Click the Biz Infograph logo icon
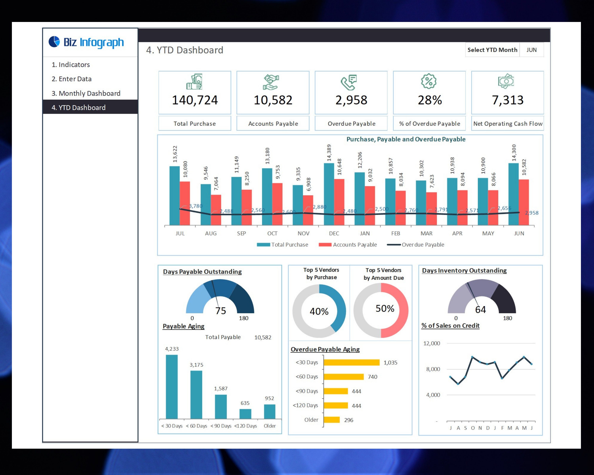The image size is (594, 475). [54, 42]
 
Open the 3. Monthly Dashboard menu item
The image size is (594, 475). [86, 93]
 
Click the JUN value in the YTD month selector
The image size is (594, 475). [531, 50]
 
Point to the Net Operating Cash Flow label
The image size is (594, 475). [507, 124]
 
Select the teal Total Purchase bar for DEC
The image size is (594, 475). [329, 194]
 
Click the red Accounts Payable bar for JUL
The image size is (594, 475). [185, 203]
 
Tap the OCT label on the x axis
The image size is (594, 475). [272, 233]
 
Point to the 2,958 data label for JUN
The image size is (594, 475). [531, 213]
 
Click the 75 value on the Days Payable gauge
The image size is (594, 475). [220, 311]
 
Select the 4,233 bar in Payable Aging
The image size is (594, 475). [172, 387]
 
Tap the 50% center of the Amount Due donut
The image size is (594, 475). [385, 308]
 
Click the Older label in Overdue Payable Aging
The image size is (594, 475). [311, 420]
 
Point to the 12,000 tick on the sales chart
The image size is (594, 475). [431, 343]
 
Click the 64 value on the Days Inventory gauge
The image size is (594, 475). [481, 310]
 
